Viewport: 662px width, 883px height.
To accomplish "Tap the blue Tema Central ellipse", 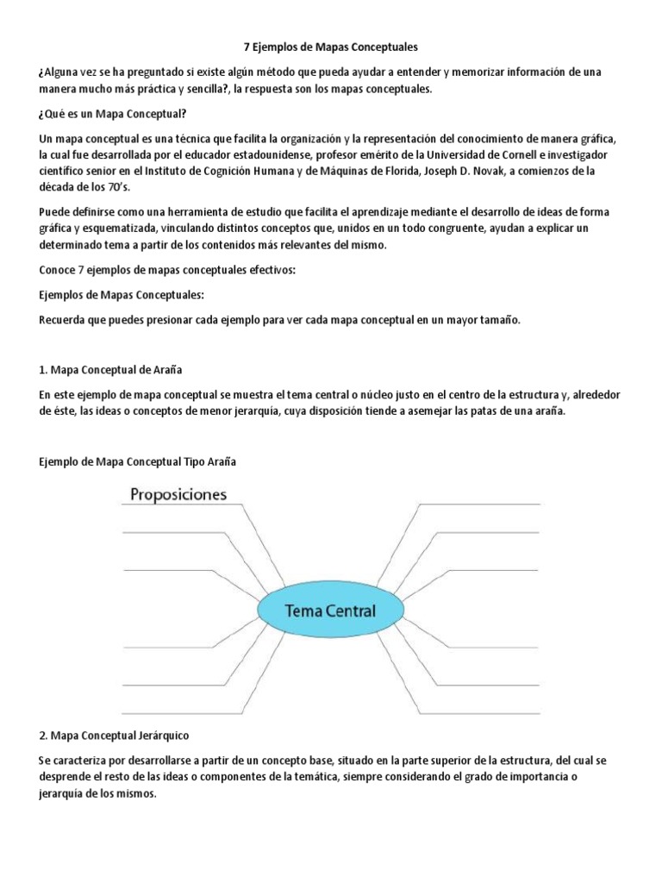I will tap(331, 611).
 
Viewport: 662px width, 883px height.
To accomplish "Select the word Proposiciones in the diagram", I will tap(178, 494).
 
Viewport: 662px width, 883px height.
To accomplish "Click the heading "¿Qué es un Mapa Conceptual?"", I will tap(112, 115).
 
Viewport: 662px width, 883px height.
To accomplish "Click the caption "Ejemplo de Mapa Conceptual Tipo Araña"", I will tap(137, 461).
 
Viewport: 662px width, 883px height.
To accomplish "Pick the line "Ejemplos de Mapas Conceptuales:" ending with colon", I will tap(122, 296).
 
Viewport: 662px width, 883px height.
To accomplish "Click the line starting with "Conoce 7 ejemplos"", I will tap(167, 270).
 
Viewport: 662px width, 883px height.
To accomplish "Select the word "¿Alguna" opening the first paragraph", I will tap(65, 73).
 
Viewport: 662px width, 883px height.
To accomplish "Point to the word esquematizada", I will tap(116, 229).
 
